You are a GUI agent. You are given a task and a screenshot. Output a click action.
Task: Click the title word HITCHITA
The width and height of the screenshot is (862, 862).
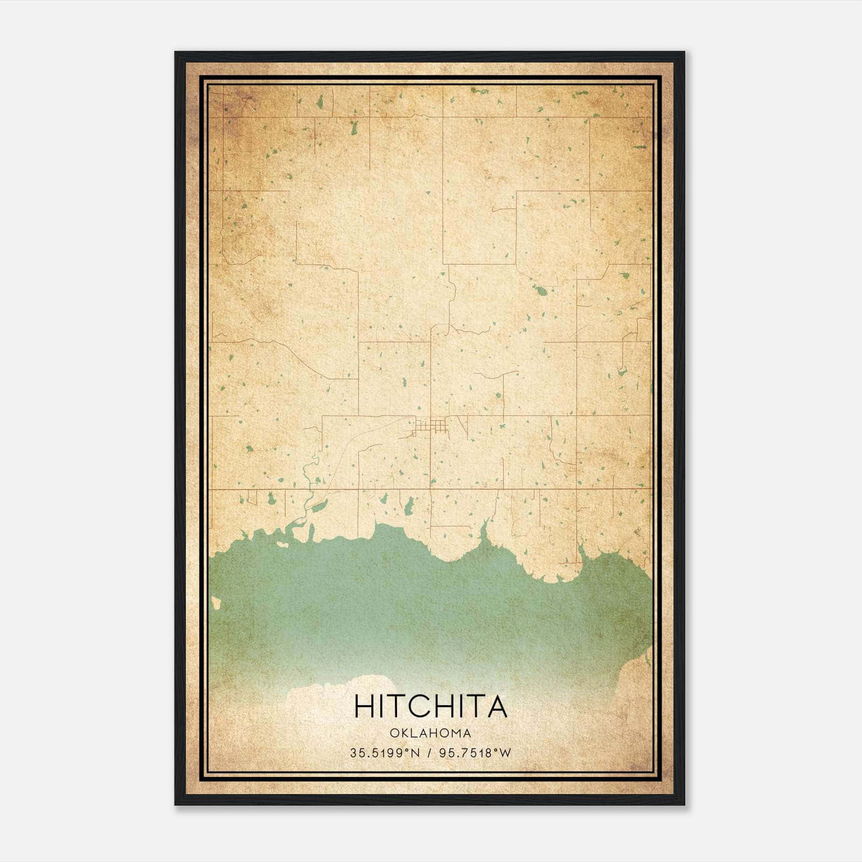pos(430,706)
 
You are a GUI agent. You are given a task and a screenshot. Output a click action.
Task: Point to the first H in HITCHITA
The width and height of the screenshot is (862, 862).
pos(364,706)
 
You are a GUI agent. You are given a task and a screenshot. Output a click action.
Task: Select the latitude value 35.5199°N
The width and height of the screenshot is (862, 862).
pos(385,753)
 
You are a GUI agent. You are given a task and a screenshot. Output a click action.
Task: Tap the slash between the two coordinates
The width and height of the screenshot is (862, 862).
pos(429,753)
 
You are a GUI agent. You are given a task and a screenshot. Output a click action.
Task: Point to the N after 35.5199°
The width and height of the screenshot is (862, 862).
pos(415,753)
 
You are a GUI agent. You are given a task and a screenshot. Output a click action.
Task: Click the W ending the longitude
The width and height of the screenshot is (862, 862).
pos(504,753)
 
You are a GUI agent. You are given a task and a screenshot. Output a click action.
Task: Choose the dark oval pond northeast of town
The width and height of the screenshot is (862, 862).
pos(541,291)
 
